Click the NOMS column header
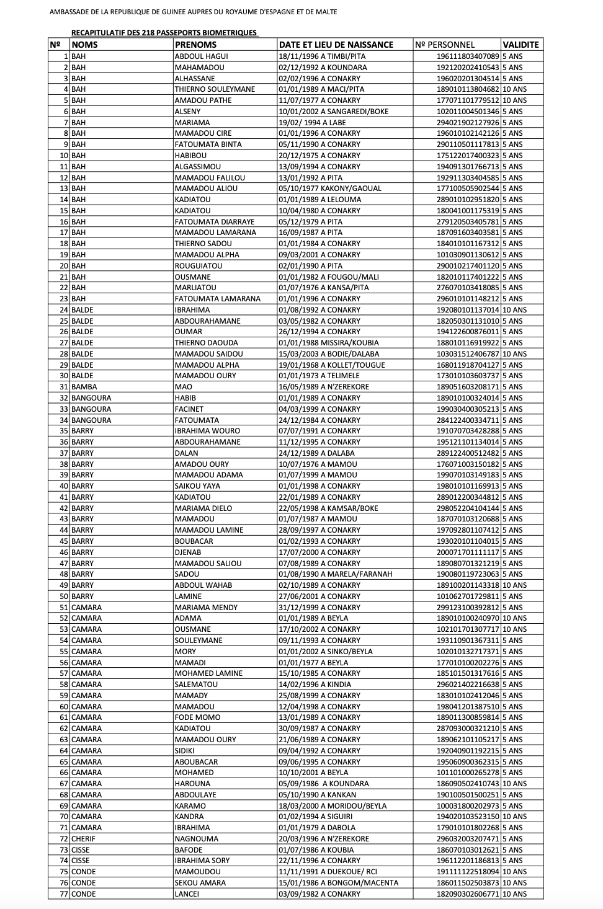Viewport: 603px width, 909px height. pyautogui.click(x=84, y=45)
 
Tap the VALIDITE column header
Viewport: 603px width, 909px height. pyautogui.click(x=520, y=45)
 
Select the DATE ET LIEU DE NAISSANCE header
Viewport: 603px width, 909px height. pyautogui.click(x=336, y=45)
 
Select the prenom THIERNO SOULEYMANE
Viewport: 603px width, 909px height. pyautogui.click(x=215, y=89)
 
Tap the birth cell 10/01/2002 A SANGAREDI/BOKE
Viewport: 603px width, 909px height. pyautogui.click(x=333, y=112)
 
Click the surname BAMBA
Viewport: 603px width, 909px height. pyautogui.click(x=84, y=387)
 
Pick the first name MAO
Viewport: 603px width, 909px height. pyautogui.click(x=183, y=387)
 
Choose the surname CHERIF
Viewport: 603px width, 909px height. pyautogui.click(x=83, y=838)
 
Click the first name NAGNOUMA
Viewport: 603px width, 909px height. pyautogui.click(x=197, y=838)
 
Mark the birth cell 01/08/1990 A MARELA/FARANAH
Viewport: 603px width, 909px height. pyautogui.click(x=335, y=574)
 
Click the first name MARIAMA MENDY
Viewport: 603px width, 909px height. pyautogui.click(x=206, y=608)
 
